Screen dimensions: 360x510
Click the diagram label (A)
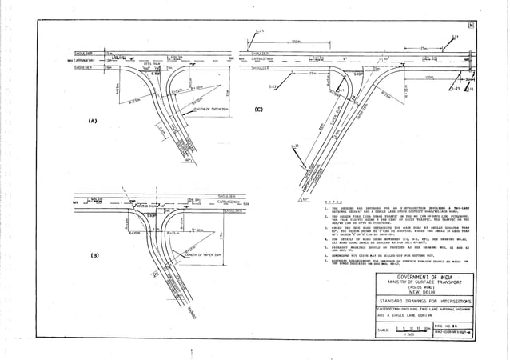pyautogui.click(x=93, y=121)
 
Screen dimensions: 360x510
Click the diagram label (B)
pyautogui.click(x=94, y=255)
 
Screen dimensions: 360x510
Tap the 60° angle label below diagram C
pyautogui.click(x=306, y=195)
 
